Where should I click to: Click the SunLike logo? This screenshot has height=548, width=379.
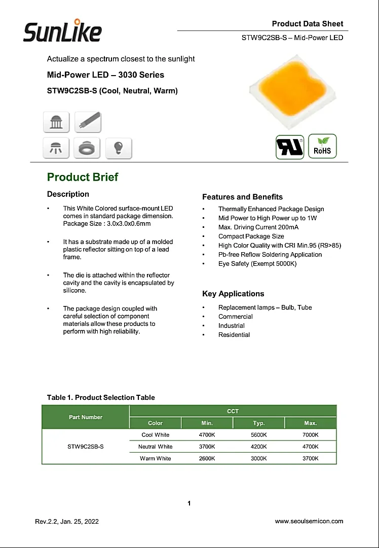[x=62, y=31]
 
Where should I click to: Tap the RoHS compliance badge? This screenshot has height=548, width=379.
[x=322, y=146]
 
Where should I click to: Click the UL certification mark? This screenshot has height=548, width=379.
[x=290, y=147]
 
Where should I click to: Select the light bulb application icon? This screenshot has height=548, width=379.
[x=119, y=148]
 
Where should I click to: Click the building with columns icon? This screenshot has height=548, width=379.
[x=56, y=122]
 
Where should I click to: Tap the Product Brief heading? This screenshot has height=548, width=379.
[x=83, y=177]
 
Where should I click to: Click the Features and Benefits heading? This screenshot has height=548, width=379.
[x=242, y=197]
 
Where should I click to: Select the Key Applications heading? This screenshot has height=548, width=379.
[x=233, y=294]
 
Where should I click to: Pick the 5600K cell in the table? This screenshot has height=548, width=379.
[x=259, y=435]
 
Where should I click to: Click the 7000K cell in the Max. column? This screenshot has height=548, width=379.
[x=311, y=435]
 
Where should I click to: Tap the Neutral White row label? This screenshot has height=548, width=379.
[x=155, y=447]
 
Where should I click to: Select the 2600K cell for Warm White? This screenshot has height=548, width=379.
[x=207, y=458]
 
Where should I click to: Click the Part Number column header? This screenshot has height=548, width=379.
[x=86, y=417]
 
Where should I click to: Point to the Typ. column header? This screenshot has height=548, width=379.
[x=259, y=423]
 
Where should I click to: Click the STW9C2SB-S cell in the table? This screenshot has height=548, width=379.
[x=86, y=447]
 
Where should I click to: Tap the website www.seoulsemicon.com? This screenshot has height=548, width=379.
[x=309, y=521]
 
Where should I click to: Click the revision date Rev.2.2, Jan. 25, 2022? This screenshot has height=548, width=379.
[x=67, y=522]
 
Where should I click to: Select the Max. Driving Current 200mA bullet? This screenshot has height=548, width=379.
[x=258, y=227]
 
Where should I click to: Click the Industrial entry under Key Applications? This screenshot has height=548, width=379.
[x=232, y=326]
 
